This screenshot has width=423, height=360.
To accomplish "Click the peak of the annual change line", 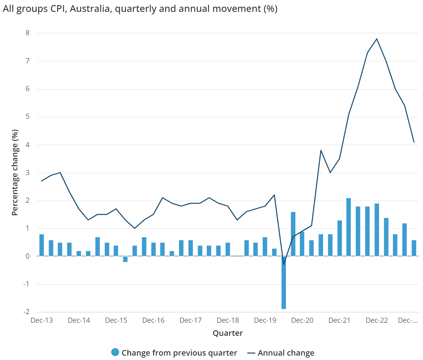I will tap(376, 39).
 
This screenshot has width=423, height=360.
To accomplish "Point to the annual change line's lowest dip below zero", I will tap(284, 264).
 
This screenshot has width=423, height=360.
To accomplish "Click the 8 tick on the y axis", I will tap(27, 33).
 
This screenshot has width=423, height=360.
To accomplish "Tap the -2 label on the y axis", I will tap(26, 312).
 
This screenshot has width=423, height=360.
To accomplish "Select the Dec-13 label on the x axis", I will tap(42, 320).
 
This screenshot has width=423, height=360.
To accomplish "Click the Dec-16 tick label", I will tap(153, 320).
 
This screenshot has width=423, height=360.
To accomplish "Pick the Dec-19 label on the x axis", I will tap(265, 320).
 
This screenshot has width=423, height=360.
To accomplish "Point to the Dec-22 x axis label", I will tap(377, 320).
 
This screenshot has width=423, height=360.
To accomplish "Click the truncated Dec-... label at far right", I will tap(408, 320).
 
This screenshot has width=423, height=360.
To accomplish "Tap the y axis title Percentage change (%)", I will tap(15, 172).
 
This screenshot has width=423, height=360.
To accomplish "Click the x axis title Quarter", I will tap(228, 333).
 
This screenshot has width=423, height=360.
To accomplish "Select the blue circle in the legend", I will tap(115, 352).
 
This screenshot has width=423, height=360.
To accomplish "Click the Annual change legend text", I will tap(286, 353).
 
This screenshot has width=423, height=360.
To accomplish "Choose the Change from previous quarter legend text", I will tap(179, 353).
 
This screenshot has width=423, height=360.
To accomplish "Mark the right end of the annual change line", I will tap(413, 142).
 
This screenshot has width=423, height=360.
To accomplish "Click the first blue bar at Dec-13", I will tap(42, 245).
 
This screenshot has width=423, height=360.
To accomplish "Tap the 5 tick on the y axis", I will tap(27, 117).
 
